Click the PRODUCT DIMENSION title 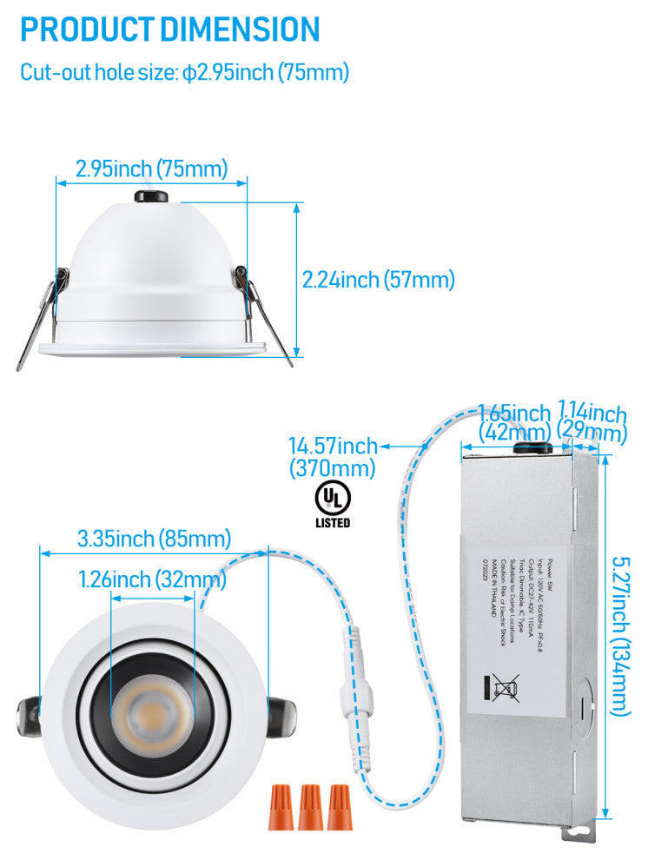point(170,30)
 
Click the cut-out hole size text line point(184,72)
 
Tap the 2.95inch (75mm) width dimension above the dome point(151,169)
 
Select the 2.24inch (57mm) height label point(378,280)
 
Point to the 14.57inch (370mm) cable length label point(333,458)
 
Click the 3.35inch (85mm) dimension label point(154,539)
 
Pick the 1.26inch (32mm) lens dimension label point(152,579)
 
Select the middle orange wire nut point(308,806)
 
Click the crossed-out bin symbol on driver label point(504,687)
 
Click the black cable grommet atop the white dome point(151,196)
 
